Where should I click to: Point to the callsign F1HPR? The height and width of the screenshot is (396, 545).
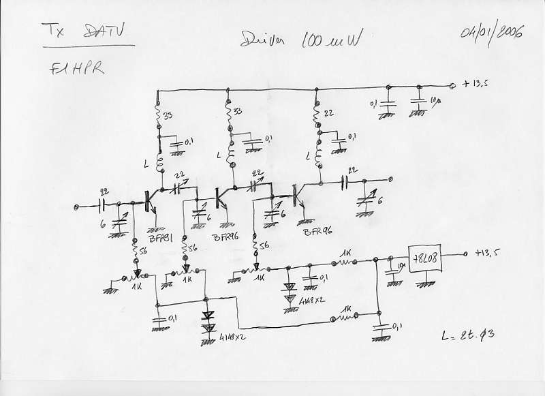click(77, 69)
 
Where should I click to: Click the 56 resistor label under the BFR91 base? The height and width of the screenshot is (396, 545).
click(144, 252)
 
